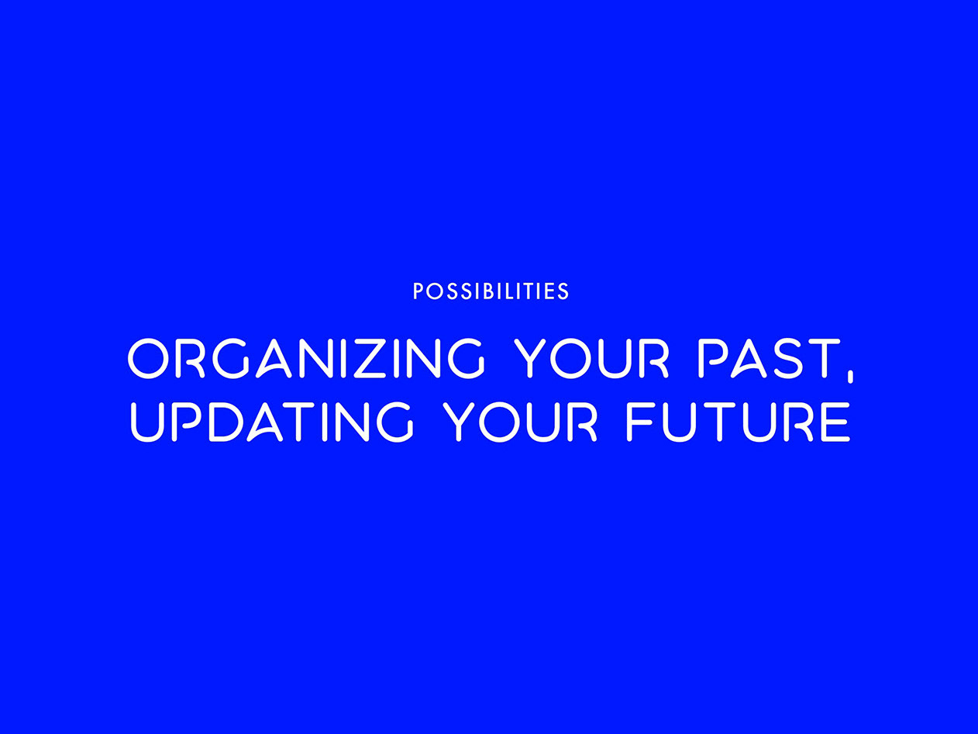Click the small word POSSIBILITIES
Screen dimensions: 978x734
point(491,291)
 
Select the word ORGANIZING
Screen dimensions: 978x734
point(306,358)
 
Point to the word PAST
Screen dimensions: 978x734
point(769,358)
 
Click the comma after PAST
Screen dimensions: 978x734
point(850,376)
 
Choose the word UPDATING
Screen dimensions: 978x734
point(272,422)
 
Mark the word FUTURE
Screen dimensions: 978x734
point(739,422)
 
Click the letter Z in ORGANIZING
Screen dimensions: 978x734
point(370,358)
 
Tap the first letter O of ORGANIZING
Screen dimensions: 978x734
point(147,358)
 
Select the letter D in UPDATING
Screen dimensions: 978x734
point(227,422)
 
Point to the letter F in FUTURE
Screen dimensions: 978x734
point(641,422)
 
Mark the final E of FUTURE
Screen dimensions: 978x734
point(836,422)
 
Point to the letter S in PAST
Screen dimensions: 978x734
point(787,358)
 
